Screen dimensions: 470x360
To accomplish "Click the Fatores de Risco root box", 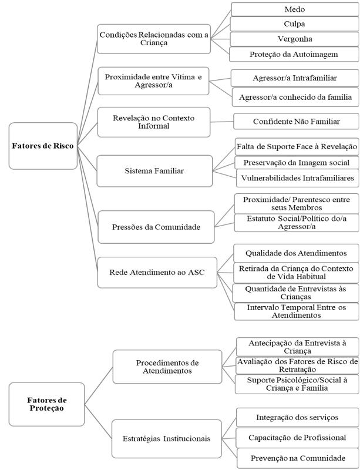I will [43, 146].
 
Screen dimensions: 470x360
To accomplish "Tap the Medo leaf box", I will [294, 9].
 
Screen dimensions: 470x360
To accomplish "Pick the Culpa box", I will [294, 24].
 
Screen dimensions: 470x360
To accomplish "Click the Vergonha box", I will [294, 39].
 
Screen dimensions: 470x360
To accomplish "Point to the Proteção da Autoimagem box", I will [294, 54].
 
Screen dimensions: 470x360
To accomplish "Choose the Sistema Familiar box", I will [154, 171].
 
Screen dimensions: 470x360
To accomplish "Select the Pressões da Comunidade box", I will [154, 226].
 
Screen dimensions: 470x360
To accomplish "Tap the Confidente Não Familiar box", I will [296, 121].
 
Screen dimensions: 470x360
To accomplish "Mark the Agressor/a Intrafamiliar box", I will [294, 78].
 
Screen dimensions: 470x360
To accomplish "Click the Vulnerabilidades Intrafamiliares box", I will [297, 177].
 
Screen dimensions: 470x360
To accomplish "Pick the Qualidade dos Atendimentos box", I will [297, 253].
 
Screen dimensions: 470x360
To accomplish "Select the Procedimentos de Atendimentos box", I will [167, 367].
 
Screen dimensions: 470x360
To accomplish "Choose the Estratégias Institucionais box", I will [167, 438].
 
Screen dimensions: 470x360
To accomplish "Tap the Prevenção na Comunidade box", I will [297, 458].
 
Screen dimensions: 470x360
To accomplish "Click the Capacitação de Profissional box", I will [297, 437].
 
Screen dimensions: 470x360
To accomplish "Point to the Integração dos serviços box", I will [297, 417].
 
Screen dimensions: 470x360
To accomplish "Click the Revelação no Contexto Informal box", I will [154, 122].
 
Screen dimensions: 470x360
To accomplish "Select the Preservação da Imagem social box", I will [297, 162].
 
